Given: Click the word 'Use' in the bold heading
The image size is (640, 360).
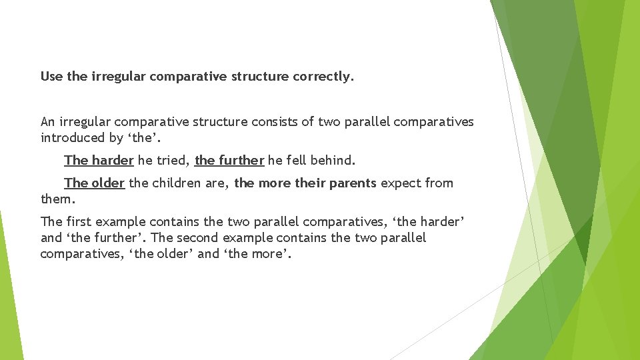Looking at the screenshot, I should tap(52, 77).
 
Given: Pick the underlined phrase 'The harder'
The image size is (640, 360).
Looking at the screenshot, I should tap(99, 161).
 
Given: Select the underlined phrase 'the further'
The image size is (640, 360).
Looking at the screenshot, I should tap(229, 161).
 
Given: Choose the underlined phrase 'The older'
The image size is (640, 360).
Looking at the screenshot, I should tap(94, 183).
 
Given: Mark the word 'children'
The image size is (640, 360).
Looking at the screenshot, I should tap(175, 183).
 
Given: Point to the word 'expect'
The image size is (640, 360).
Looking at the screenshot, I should tap(401, 183).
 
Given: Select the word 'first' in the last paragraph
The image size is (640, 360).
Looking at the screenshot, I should tap(79, 222).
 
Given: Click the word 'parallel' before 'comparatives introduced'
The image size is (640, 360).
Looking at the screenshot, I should tap(367, 122).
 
